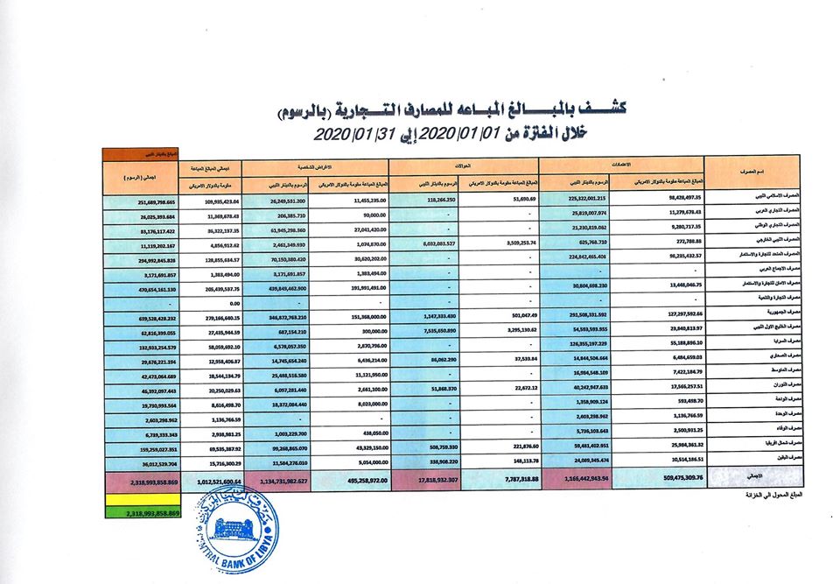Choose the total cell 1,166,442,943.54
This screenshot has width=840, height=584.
(x=577, y=478)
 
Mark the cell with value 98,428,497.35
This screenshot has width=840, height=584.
(x=656, y=198)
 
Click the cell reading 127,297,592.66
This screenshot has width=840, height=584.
(x=656, y=312)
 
